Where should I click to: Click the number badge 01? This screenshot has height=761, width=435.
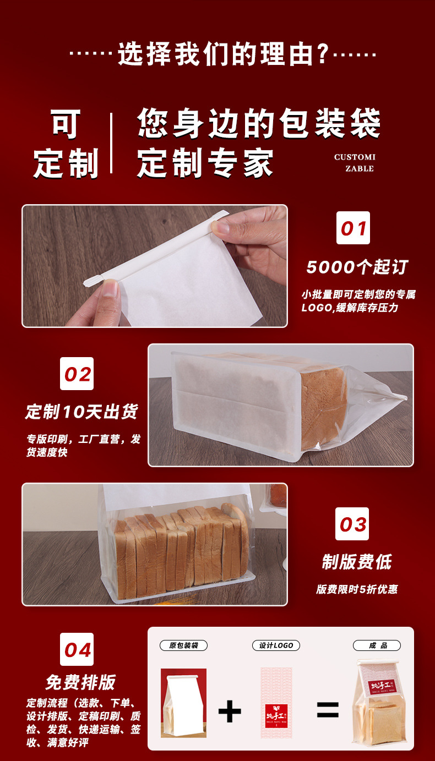pos(353,228)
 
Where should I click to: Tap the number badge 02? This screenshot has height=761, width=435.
pos(77,374)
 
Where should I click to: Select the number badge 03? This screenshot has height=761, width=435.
pos(352,524)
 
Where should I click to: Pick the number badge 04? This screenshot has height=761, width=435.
pos(77,649)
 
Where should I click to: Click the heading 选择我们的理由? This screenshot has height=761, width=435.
pos(223,55)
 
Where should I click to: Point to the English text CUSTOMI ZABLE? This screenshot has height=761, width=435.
pos(355,163)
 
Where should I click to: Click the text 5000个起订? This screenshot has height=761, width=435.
pos(357,267)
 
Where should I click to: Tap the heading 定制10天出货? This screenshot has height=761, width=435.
pos(81,412)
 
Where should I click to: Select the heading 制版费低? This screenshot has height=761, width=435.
pos(356,562)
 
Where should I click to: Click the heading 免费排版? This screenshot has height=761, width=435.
pos(80,682)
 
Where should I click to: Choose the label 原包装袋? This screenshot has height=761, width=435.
pos(183,645)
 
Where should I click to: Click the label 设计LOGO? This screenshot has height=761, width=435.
pos(276,645)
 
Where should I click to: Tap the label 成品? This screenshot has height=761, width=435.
pos(377,645)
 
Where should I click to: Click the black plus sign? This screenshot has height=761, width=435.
pos(230,711)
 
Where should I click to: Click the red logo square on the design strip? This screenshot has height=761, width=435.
pos(276,714)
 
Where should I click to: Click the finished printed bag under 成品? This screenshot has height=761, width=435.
pos(377,704)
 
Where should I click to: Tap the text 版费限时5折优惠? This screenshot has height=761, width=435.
pos(356,589)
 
